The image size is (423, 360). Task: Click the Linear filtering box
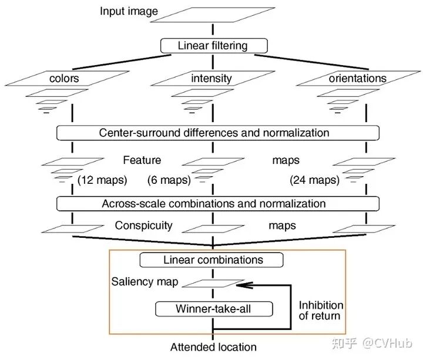point(213,45)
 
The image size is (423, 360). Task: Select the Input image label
point(129,12)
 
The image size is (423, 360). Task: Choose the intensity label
point(211,78)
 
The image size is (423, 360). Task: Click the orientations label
point(358,78)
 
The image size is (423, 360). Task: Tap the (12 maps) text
point(103,180)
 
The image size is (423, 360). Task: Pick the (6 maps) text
point(169,180)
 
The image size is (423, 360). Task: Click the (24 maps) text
point(314,180)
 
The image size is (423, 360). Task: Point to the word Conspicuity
point(143,226)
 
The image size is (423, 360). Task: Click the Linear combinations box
point(211,260)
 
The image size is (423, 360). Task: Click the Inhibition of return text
point(321,311)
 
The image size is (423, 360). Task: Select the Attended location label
point(213,347)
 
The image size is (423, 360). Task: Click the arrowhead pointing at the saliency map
point(240,285)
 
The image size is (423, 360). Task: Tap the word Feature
point(142,160)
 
